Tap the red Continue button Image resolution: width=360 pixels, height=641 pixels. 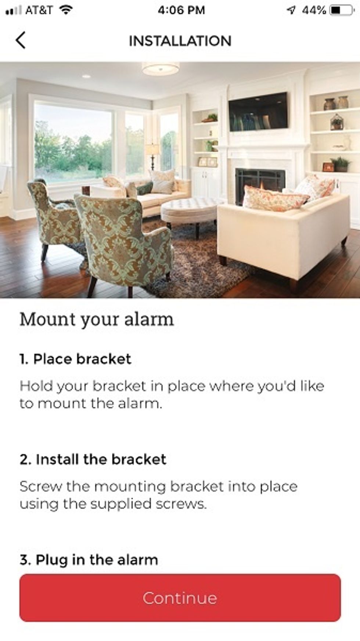pyautogui.click(x=180, y=598)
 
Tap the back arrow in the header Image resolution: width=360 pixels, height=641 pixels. pyautogui.click(x=21, y=40)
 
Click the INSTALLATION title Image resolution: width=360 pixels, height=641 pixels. pyautogui.click(x=180, y=41)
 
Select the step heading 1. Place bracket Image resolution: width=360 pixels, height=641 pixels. pyautogui.click(x=75, y=359)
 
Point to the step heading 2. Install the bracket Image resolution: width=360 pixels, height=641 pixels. pyautogui.click(x=93, y=459)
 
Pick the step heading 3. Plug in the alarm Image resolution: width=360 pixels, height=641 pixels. pyautogui.click(x=89, y=560)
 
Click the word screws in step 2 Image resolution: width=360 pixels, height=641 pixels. pyautogui.click(x=180, y=504)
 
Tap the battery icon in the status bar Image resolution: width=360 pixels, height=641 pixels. pyautogui.click(x=342, y=10)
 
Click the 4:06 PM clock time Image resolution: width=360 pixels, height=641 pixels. pyautogui.click(x=181, y=10)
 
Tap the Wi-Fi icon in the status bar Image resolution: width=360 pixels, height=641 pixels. pyautogui.click(x=66, y=10)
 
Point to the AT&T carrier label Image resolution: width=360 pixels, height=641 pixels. pyautogui.click(x=39, y=10)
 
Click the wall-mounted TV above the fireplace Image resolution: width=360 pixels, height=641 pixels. pyautogui.click(x=258, y=111)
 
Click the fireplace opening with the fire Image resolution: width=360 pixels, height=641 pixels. pyautogui.click(x=260, y=183)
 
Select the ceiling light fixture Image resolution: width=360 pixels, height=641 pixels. pyautogui.click(x=161, y=68)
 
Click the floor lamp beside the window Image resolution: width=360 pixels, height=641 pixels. pyautogui.click(x=152, y=156)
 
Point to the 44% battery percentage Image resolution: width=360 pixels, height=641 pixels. pyautogui.click(x=314, y=10)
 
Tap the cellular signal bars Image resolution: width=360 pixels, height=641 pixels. pyautogui.click(x=14, y=11)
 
